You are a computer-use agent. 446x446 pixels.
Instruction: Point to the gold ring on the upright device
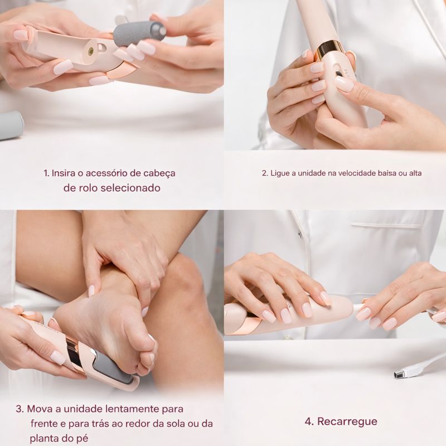[329, 51]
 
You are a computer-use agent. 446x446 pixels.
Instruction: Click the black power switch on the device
[339, 74]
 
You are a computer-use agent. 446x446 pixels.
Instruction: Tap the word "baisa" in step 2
[387, 173]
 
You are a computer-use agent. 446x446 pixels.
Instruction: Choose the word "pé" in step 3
[81, 439]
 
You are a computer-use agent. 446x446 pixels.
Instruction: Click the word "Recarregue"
[347, 421]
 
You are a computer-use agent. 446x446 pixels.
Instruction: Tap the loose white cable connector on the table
[401, 373]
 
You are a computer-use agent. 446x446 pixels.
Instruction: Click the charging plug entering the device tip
[359, 307]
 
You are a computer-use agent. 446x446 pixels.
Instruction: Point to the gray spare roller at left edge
[11, 125]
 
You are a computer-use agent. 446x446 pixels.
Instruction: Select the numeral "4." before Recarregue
[309, 421]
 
